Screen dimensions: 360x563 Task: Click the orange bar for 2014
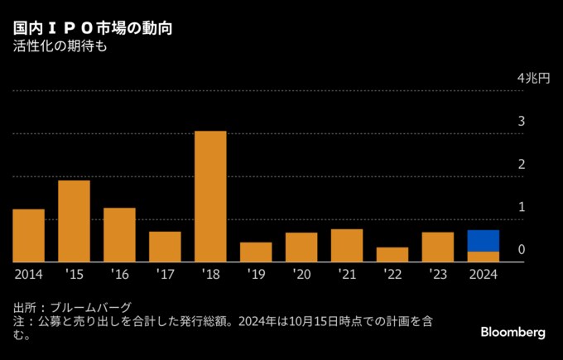tap(28, 236)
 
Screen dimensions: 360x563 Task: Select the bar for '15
tap(74, 221)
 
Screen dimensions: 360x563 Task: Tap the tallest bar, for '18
tap(210, 196)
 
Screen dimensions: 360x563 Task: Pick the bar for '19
tap(256, 252)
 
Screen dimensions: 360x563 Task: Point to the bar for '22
tap(392, 255)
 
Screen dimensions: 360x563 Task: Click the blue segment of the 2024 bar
tap(483, 241)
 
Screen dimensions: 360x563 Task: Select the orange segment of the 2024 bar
tap(483, 257)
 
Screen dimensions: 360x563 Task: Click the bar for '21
tap(347, 246)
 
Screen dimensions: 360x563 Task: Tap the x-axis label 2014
tap(28, 274)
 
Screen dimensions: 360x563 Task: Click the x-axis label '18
tap(210, 274)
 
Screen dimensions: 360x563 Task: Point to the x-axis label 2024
tap(483, 274)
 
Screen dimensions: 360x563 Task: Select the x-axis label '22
tap(392, 274)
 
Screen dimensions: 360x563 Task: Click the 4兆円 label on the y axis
tap(533, 79)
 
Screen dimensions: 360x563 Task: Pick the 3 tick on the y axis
tap(522, 122)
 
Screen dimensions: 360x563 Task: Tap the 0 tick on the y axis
tap(522, 250)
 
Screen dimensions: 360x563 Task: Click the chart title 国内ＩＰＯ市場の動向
tap(92, 29)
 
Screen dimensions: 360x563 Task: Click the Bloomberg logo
tap(512, 332)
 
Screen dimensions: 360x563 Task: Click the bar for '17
tap(165, 247)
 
